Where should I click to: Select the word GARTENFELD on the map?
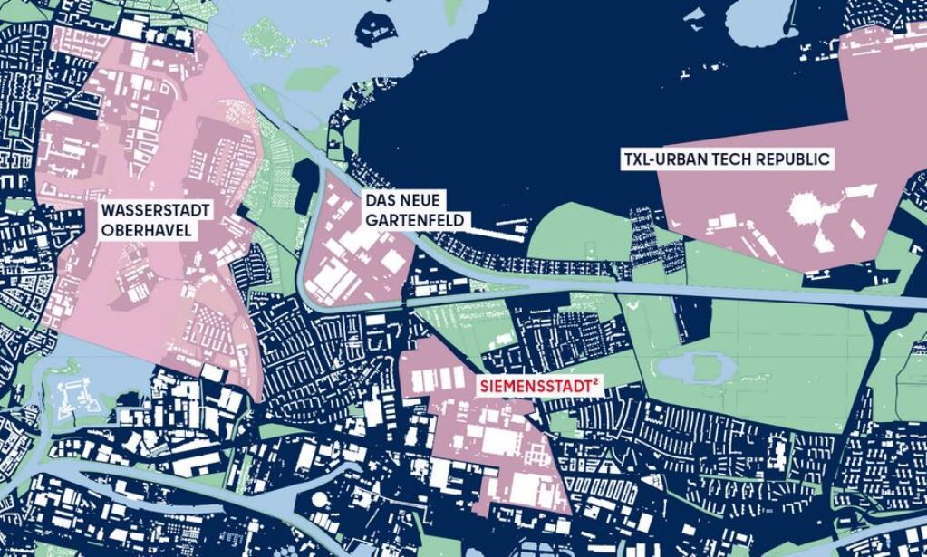(x=414, y=220)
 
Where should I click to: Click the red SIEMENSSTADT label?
(x=535, y=387)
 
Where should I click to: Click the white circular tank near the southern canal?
(x=321, y=499)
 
